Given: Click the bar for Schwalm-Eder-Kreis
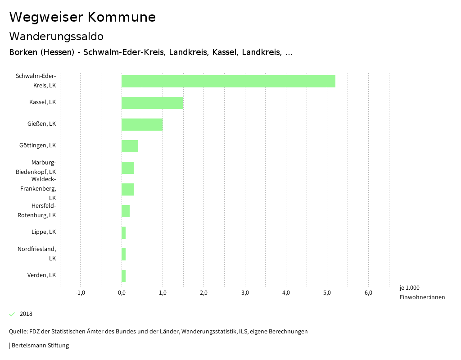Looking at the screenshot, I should (x=228, y=81).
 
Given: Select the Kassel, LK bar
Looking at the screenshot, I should (x=152, y=103).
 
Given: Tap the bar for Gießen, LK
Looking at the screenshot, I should (x=142, y=124).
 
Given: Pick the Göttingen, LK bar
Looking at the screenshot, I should (x=130, y=146).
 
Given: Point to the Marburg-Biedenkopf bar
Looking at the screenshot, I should (x=127, y=168).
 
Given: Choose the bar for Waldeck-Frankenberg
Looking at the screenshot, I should (x=127, y=189).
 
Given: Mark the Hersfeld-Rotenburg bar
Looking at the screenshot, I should (x=126, y=211).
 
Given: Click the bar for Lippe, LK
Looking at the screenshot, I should (x=123, y=232).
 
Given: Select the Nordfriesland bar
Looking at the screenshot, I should (x=123, y=254).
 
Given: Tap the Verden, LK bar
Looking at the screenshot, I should (x=123, y=276).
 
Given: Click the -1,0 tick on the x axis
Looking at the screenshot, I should (x=80, y=293).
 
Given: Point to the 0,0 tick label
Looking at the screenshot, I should (x=122, y=293).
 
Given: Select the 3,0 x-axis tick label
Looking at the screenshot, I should (x=245, y=293).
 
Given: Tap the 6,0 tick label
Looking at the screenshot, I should (x=368, y=293).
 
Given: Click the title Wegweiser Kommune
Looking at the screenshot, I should (x=82, y=17).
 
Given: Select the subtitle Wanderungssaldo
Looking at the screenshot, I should (x=56, y=36).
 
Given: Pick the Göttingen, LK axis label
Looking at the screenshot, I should (x=37, y=146).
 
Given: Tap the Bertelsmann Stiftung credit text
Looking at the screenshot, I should (x=40, y=346).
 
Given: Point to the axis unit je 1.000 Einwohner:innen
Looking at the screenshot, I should (x=422, y=292).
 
